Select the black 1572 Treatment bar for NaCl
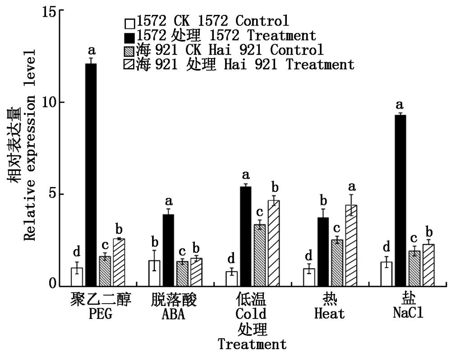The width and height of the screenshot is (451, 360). [399, 201]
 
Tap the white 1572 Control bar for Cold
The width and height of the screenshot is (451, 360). [231, 278]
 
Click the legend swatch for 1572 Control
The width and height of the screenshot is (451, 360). [130, 22]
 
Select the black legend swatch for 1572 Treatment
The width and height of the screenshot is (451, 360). [130, 36]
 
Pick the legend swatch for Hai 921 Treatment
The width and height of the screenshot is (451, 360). [130, 64]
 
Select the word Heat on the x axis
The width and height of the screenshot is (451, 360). [329, 313]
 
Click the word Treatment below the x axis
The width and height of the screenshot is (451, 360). [252, 345]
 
